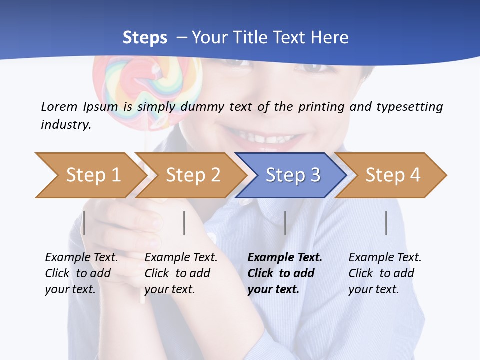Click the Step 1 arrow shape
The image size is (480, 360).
90,175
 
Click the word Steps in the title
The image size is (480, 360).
145,38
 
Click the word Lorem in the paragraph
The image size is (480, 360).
59,106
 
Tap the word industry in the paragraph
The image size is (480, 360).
65,125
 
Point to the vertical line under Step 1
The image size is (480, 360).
84,223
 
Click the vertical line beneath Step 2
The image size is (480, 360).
184,223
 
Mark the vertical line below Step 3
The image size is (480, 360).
285,223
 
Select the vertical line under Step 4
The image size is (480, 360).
386,223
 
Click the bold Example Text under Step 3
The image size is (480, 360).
285,258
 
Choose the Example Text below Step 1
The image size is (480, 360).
81,258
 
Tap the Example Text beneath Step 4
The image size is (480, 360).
385,258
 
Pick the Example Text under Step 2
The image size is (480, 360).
181,258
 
